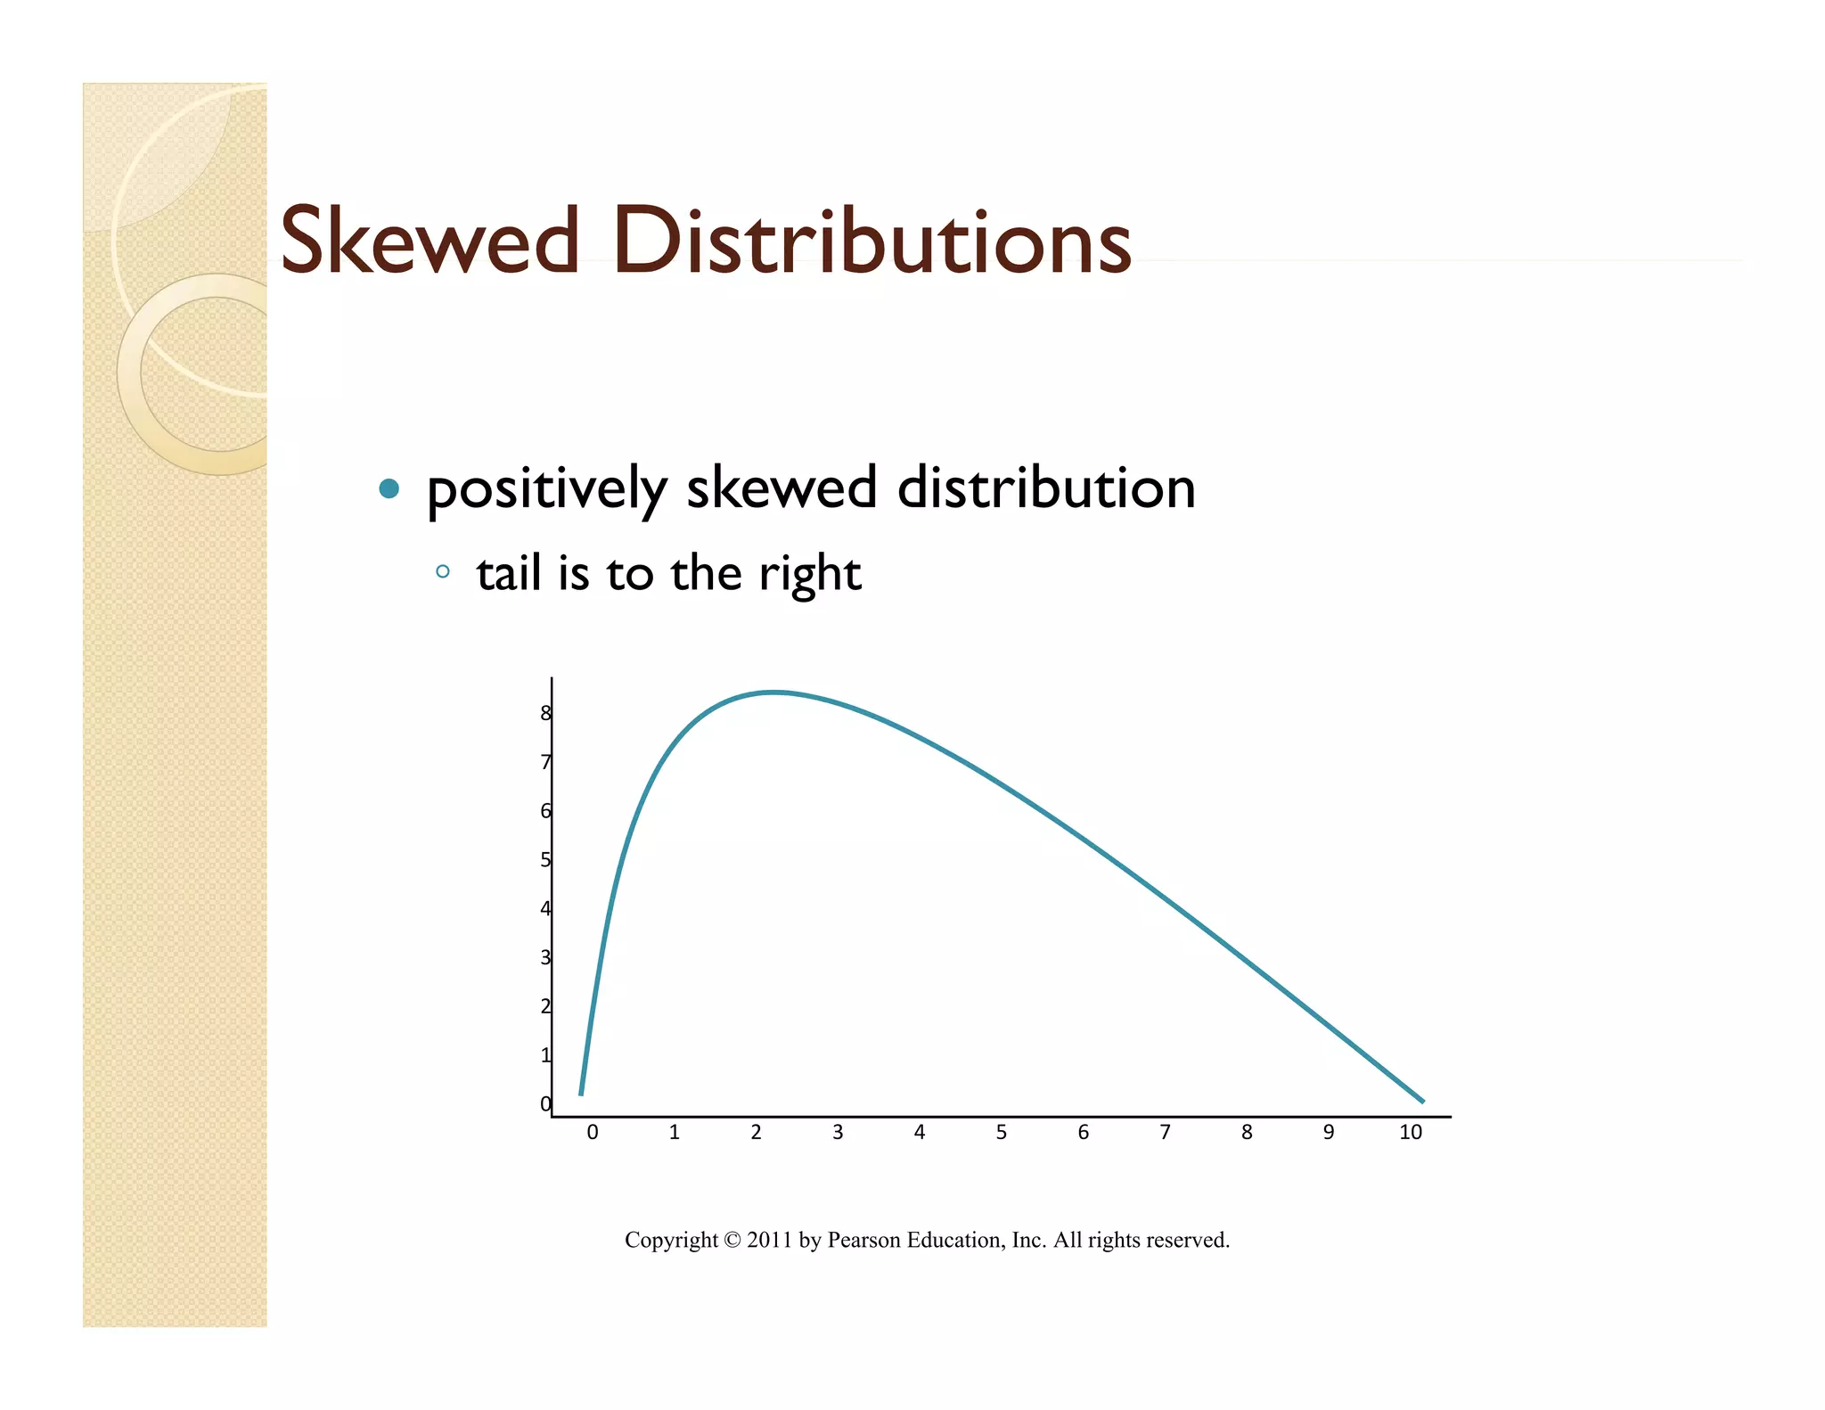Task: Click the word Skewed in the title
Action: tap(430, 241)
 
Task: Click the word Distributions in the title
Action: tap(871, 241)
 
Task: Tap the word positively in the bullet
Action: tap(545, 489)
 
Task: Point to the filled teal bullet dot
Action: tap(389, 488)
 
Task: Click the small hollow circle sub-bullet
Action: tap(443, 571)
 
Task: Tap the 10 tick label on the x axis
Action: tap(1410, 1132)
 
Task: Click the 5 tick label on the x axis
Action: tap(1001, 1132)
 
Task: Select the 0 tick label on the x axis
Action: tap(593, 1132)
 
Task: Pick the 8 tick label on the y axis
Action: tap(545, 713)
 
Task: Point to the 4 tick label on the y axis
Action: tap(545, 909)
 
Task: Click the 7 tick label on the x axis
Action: tap(1165, 1132)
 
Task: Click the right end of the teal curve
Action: tap(1422, 1102)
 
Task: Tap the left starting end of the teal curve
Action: tap(581, 1093)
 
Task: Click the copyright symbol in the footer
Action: tap(732, 1240)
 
